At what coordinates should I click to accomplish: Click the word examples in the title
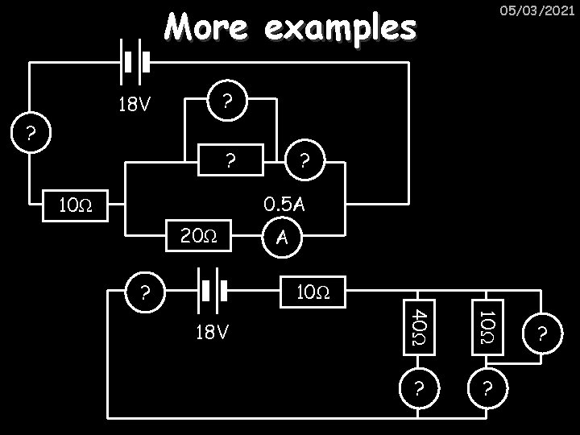(x=340, y=30)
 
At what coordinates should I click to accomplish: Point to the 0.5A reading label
(x=285, y=205)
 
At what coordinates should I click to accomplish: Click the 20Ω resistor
(x=198, y=236)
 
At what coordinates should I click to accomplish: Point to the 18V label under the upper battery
(x=135, y=105)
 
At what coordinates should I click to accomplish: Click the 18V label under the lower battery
(x=213, y=332)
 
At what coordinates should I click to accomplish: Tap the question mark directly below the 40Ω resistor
(x=418, y=388)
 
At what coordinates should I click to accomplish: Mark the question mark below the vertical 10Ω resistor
(x=486, y=388)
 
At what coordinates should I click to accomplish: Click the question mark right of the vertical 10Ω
(x=545, y=331)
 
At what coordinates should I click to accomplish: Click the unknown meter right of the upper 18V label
(x=228, y=101)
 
